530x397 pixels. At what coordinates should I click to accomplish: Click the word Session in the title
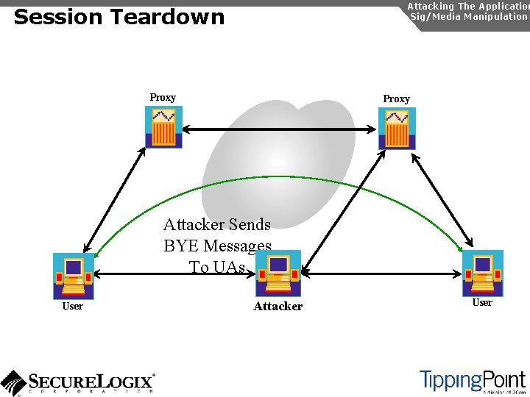pyautogui.click(x=51, y=17)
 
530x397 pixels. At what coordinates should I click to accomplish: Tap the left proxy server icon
pyautogui.click(x=163, y=127)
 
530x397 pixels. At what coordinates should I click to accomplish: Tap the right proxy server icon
pyautogui.click(x=397, y=129)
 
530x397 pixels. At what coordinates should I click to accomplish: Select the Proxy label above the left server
pyautogui.click(x=163, y=97)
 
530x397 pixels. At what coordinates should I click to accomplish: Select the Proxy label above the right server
pyautogui.click(x=396, y=99)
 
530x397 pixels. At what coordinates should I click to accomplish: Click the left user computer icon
pyautogui.click(x=74, y=275)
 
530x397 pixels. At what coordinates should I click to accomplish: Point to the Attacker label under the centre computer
pyautogui.click(x=278, y=306)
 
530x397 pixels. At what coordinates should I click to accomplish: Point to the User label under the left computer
pyautogui.click(x=72, y=306)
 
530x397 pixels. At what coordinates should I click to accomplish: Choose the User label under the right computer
pyautogui.click(x=482, y=302)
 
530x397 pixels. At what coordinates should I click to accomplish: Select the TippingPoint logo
pyautogui.click(x=472, y=381)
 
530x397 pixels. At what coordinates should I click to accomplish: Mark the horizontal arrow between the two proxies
pyautogui.click(x=280, y=129)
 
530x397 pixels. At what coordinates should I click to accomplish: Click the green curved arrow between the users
pyautogui.click(x=280, y=178)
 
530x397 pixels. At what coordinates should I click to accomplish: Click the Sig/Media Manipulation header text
pyautogui.click(x=468, y=16)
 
